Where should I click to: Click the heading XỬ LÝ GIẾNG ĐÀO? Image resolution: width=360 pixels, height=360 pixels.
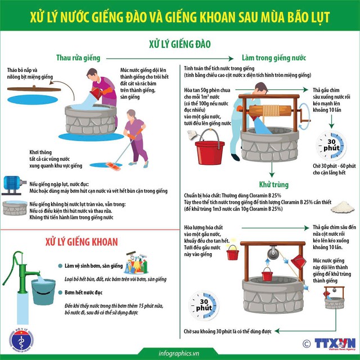pos(180,43)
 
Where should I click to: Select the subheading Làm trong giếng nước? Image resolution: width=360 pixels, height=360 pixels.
pos(273,58)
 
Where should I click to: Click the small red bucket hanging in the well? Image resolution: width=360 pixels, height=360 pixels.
pos(268,276)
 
